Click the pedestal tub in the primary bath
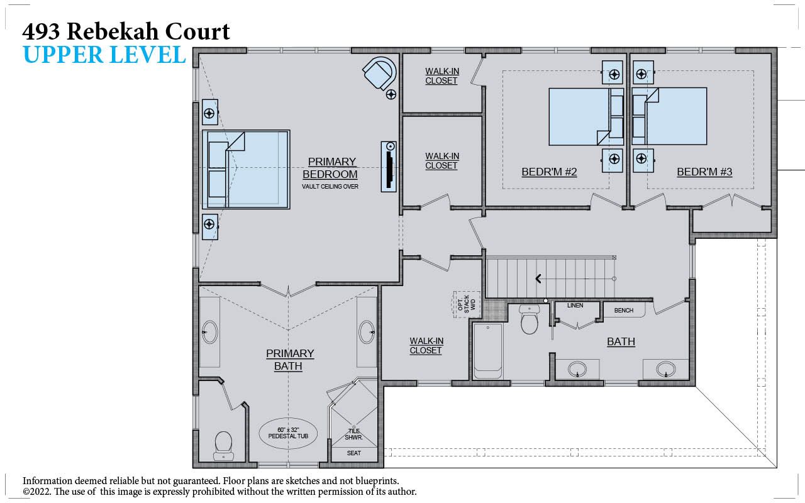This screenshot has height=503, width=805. pos(288,433)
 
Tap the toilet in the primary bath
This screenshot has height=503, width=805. pos(223,446)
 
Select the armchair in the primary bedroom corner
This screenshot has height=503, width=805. pos(379,74)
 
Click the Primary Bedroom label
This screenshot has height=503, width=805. pos(330,168)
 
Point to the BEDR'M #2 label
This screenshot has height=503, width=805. pos(549,172)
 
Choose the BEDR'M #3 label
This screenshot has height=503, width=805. pos(704,172)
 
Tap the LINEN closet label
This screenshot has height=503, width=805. pos(575,306)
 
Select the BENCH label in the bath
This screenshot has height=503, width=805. pos(624,311)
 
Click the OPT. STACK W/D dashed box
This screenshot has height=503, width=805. pos(467,305)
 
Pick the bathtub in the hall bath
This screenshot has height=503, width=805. pos(487,351)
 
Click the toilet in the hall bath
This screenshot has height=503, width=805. pos(529,319)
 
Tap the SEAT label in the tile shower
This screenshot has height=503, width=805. pos(353,453)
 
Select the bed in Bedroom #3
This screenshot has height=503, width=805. pos(669,116)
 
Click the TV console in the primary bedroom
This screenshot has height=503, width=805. pos(389,167)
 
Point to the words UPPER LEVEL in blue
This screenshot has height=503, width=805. pos(104,55)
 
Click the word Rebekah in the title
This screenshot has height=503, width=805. pos(113,31)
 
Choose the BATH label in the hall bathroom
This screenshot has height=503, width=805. pos(621,341)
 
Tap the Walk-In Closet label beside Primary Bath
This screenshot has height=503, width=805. pos(426,346)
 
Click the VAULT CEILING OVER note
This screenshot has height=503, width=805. pos(330,187)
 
